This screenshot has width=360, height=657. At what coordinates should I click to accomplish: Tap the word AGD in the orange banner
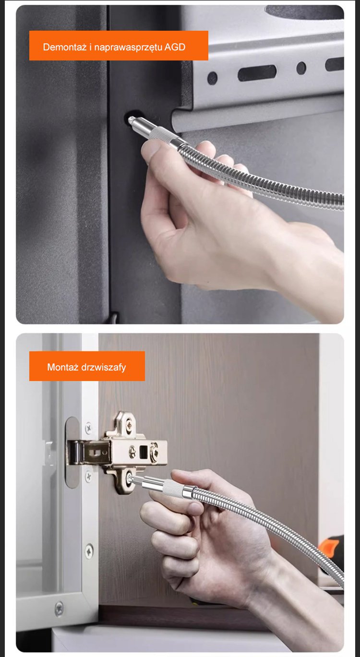[x=175, y=47]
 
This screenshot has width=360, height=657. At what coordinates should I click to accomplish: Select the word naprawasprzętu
[x=128, y=48]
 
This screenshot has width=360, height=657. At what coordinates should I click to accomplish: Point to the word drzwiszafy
[x=104, y=368]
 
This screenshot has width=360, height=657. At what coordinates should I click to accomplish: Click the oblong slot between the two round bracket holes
[x=257, y=73]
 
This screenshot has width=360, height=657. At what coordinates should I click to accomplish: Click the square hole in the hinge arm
[x=143, y=452]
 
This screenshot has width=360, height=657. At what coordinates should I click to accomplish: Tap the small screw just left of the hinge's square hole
[x=132, y=452]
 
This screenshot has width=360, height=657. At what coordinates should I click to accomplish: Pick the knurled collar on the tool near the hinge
[x=170, y=488]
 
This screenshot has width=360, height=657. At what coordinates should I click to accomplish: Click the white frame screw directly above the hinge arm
[x=88, y=428]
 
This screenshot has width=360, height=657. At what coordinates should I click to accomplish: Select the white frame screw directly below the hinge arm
[x=88, y=476]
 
